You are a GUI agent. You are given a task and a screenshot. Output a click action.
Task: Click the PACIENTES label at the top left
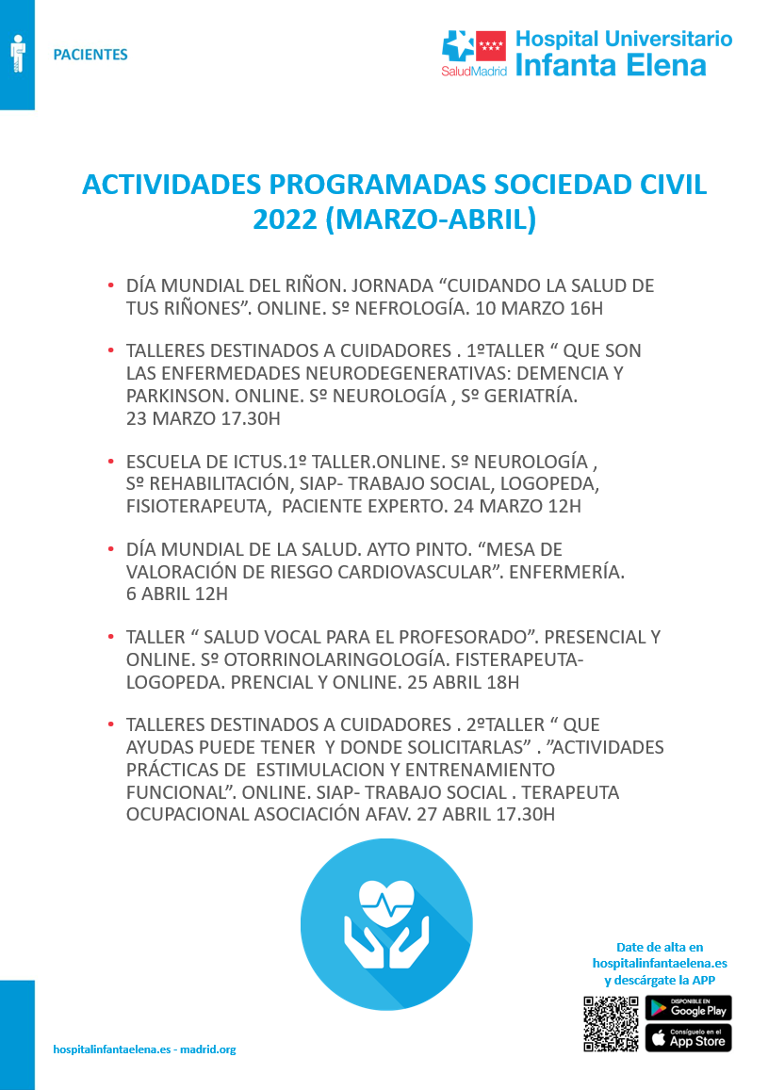point(90,55)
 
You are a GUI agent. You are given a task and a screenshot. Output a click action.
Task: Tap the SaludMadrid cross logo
point(460,47)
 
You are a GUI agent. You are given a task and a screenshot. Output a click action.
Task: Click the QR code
point(611,1023)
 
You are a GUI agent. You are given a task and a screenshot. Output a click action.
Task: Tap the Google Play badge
point(688,1007)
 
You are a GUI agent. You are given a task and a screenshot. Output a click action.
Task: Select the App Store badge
point(688,1038)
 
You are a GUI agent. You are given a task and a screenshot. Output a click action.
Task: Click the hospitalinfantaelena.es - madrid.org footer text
point(144,1049)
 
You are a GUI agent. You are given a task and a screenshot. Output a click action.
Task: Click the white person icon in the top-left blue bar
point(17,54)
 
